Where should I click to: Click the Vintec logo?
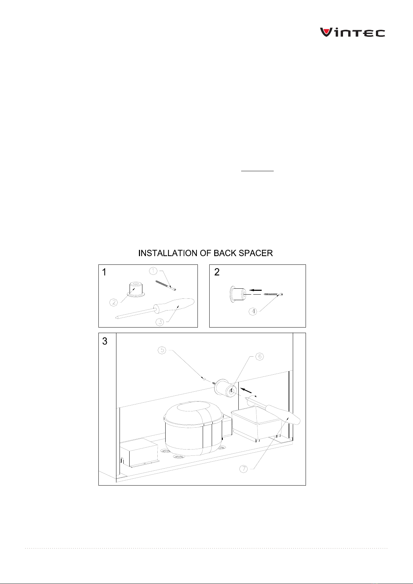point(352,32)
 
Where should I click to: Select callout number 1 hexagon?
point(153,271)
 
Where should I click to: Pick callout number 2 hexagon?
point(114,303)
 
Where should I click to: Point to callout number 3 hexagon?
point(160,322)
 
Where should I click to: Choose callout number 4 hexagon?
point(253,311)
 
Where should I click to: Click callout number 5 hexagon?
point(162,350)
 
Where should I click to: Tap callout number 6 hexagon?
point(260,356)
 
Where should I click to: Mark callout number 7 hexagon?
point(244,469)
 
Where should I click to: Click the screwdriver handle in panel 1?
point(174,305)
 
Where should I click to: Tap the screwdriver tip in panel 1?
point(115,317)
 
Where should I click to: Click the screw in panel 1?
point(166,285)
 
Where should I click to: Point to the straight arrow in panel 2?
point(256,290)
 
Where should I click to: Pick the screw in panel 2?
point(273,294)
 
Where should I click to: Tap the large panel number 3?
point(105,341)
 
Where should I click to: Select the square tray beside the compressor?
point(256,422)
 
